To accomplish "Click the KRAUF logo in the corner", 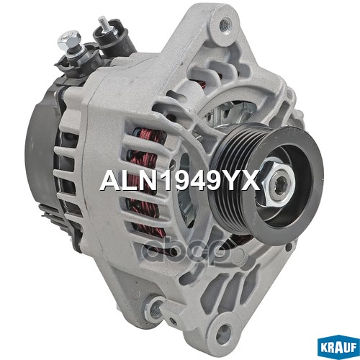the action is [x=338, y=348].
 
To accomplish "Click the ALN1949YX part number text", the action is [x=180, y=179].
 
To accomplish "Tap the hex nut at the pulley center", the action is [x=279, y=183].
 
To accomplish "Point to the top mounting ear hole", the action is [x=225, y=24].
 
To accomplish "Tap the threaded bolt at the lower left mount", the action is [x=156, y=307].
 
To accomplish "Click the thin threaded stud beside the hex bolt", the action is [x=104, y=23].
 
